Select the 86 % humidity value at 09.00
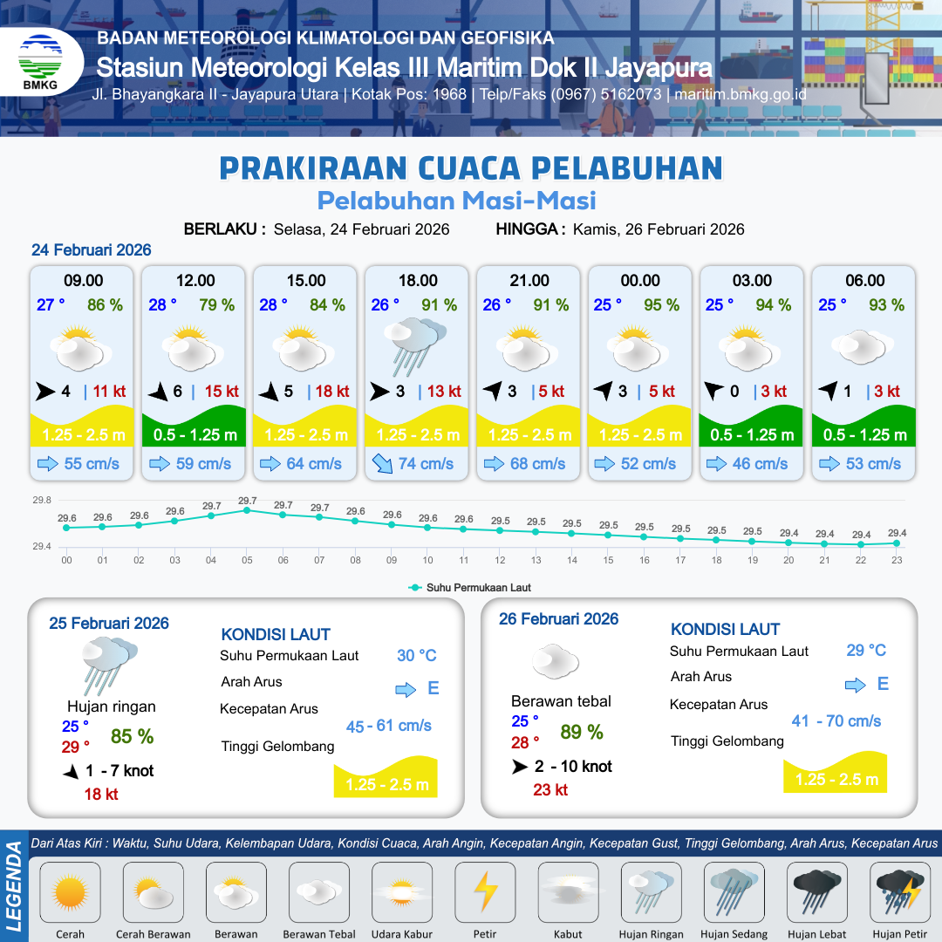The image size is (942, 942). [105, 305]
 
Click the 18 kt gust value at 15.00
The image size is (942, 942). [331, 392]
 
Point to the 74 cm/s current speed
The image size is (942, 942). [426, 464]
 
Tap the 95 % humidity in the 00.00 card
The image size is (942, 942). [662, 305]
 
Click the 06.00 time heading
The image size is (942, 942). [863, 281]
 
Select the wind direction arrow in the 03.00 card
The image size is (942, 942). [713, 392]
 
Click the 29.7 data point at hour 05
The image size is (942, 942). [248, 510]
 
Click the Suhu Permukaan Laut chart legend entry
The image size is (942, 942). [470, 588]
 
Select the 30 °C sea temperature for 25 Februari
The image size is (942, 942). [417, 656]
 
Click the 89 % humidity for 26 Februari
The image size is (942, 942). [582, 733]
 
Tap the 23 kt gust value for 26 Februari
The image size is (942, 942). [550, 789]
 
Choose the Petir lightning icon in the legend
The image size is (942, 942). [485, 891]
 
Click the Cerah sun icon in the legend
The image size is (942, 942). [70, 892]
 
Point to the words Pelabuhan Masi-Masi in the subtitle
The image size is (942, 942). [456, 201]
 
